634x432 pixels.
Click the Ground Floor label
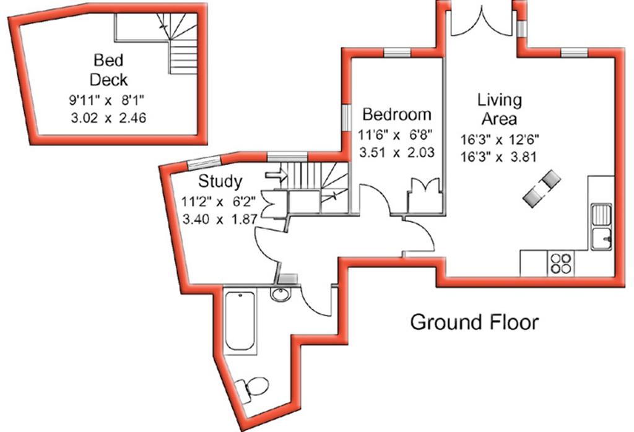coord(475,322)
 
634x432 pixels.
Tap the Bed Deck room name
coord(109,70)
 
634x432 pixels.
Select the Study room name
coord(220,181)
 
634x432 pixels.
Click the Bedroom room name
coord(397,114)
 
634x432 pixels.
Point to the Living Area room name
coord(500,109)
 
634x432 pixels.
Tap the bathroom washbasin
coord(281,294)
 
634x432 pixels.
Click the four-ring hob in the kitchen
coord(561,264)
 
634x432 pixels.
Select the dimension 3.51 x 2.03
coord(397,153)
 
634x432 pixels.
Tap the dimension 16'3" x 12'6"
coord(500,140)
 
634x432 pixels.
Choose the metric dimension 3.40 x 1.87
coord(220,220)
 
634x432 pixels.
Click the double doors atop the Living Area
coord(482,22)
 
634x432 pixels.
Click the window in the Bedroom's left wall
coord(346,118)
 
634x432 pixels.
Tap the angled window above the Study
coord(204,162)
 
